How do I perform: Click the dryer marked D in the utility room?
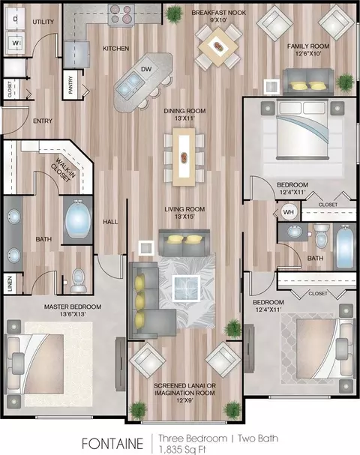coord(16,19)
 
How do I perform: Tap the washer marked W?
coord(16,43)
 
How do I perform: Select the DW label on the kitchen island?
coord(146,69)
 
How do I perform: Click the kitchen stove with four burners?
coord(121,14)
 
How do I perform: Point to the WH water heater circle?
coord(288,212)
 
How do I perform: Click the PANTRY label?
coord(70,85)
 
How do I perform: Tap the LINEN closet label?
coord(10,283)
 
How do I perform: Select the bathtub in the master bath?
coord(77,219)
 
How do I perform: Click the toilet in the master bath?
coord(79,280)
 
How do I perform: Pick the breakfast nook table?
coord(218,46)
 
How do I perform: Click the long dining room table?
coord(184,157)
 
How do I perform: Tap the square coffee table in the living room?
coord(186,288)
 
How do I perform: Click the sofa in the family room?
coord(308,82)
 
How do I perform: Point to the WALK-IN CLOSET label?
coord(64,170)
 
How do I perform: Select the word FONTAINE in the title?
coord(112,444)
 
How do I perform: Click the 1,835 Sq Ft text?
coord(182,449)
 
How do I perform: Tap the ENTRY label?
coord(43,121)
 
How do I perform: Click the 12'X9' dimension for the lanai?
coord(184,400)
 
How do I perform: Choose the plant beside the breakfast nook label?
coord(174,13)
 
